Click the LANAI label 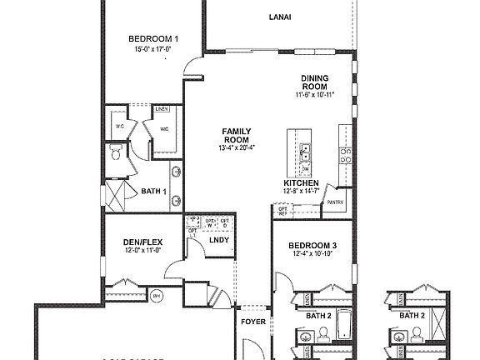tap(279, 17)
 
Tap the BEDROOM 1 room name tap(153, 38)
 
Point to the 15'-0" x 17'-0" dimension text tap(153, 49)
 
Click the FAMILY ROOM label tap(236, 136)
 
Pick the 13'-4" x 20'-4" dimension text tap(236, 148)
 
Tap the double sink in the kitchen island tap(306, 151)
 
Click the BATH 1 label tap(153, 192)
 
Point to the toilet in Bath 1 tap(117, 152)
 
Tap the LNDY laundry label tap(219, 241)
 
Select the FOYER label tap(253, 322)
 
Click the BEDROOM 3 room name tap(313, 245)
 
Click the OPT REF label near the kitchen tap(282, 212)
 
